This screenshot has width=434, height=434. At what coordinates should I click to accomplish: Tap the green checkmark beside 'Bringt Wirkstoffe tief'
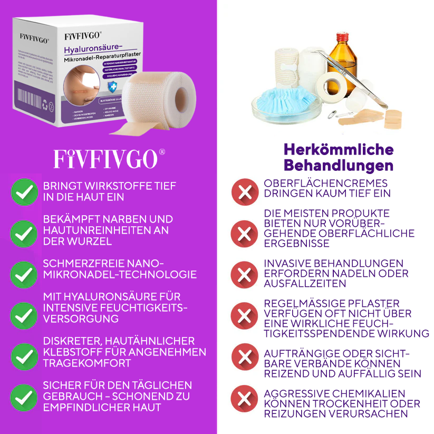point(24,192)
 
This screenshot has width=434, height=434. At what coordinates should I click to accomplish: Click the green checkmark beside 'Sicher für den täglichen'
point(24,397)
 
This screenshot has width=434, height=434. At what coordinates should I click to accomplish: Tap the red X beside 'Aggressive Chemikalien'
point(244,399)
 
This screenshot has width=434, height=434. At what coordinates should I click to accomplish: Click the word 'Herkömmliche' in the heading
point(338,149)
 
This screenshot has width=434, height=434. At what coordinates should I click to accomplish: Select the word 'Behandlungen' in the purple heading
point(338,166)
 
